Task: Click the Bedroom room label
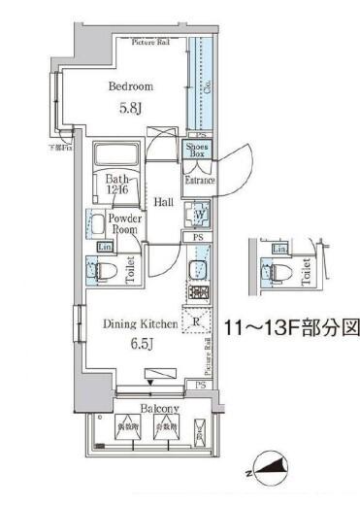point(129,86)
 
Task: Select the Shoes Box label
point(197,150)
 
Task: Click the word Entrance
point(199,180)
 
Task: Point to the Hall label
point(163,201)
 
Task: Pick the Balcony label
point(147,409)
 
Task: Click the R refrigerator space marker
point(196,321)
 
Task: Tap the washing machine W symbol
point(198,215)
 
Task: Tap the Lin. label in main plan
point(104,247)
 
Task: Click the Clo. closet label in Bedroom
point(210,84)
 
